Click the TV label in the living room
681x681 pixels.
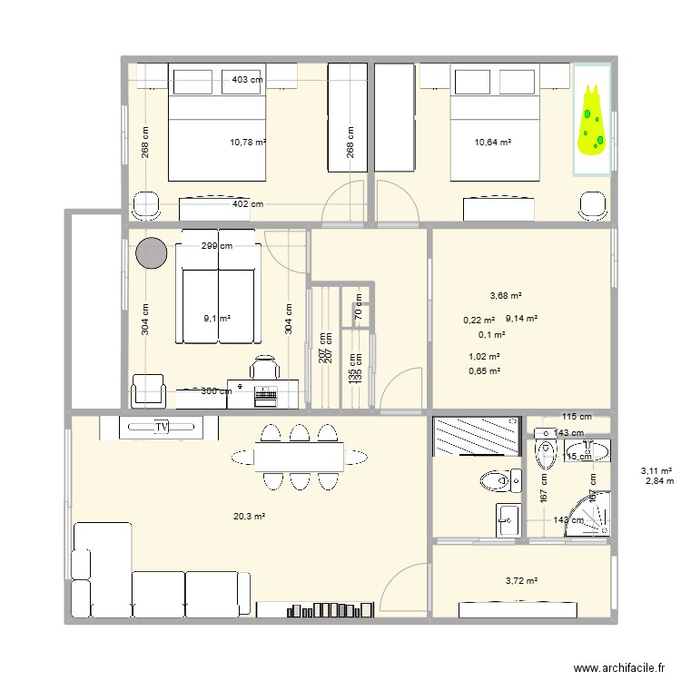point(163,426)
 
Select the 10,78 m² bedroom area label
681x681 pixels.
point(248,143)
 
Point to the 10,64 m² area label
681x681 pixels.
point(493,142)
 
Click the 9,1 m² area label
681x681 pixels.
point(217,319)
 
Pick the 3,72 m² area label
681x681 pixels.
point(520,581)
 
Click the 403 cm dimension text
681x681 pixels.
point(248,80)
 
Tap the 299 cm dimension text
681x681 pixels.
point(216,245)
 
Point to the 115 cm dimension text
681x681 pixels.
point(576,417)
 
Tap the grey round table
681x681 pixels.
point(152,253)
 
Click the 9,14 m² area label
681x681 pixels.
point(522,319)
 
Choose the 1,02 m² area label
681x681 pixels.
point(484,357)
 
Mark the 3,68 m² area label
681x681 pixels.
point(506,295)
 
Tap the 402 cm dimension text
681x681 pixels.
point(248,205)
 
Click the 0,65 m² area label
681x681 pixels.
point(484,370)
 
